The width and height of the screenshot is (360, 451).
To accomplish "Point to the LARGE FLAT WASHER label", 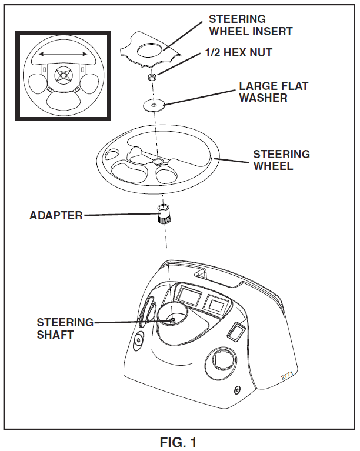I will [x=273, y=92].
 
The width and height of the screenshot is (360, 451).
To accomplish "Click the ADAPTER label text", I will [x=56, y=216].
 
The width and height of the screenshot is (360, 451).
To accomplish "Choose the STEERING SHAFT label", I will [x=65, y=328].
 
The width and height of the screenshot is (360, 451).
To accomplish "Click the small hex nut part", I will [x=151, y=76].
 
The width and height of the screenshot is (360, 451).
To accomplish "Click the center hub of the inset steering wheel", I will [x=62, y=75].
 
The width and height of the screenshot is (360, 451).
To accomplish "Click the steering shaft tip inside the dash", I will [x=174, y=320].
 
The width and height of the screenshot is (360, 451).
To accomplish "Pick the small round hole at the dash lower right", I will [x=236, y=389].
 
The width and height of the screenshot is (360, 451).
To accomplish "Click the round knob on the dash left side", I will [x=138, y=339].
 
